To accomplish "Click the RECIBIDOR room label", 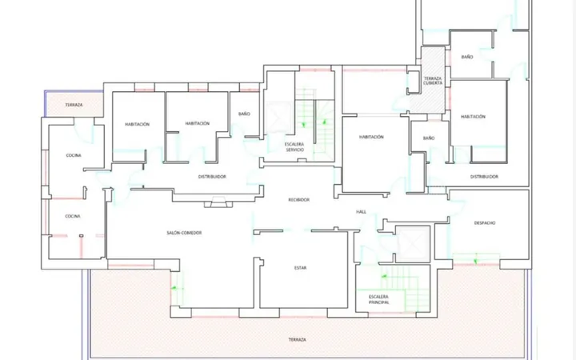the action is click(x=298, y=200).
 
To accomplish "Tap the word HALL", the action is click(x=361, y=212).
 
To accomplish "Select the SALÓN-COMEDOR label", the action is click(x=184, y=233).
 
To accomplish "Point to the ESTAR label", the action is click(x=300, y=268).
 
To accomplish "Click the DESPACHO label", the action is click(x=485, y=223).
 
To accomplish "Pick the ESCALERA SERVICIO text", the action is click(x=294, y=147).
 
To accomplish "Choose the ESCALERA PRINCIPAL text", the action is click(x=378, y=299).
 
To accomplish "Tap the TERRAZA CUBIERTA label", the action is click(x=432, y=81).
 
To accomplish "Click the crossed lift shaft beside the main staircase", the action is click(x=413, y=244).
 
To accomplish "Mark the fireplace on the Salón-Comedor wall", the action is click(x=218, y=202).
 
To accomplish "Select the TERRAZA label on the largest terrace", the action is click(x=297, y=340).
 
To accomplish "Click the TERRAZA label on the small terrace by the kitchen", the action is click(x=74, y=105).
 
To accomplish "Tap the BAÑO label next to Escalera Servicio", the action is click(x=244, y=114).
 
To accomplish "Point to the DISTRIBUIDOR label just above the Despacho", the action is click(x=484, y=177).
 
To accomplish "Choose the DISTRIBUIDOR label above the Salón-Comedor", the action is click(x=212, y=177).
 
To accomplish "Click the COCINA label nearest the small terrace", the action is click(x=74, y=155).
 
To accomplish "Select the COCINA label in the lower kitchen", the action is click(x=73, y=216).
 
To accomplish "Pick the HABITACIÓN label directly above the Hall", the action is click(x=371, y=137).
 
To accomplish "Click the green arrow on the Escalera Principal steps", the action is click(x=384, y=276).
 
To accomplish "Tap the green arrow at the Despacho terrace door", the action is click(x=475, y=261).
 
